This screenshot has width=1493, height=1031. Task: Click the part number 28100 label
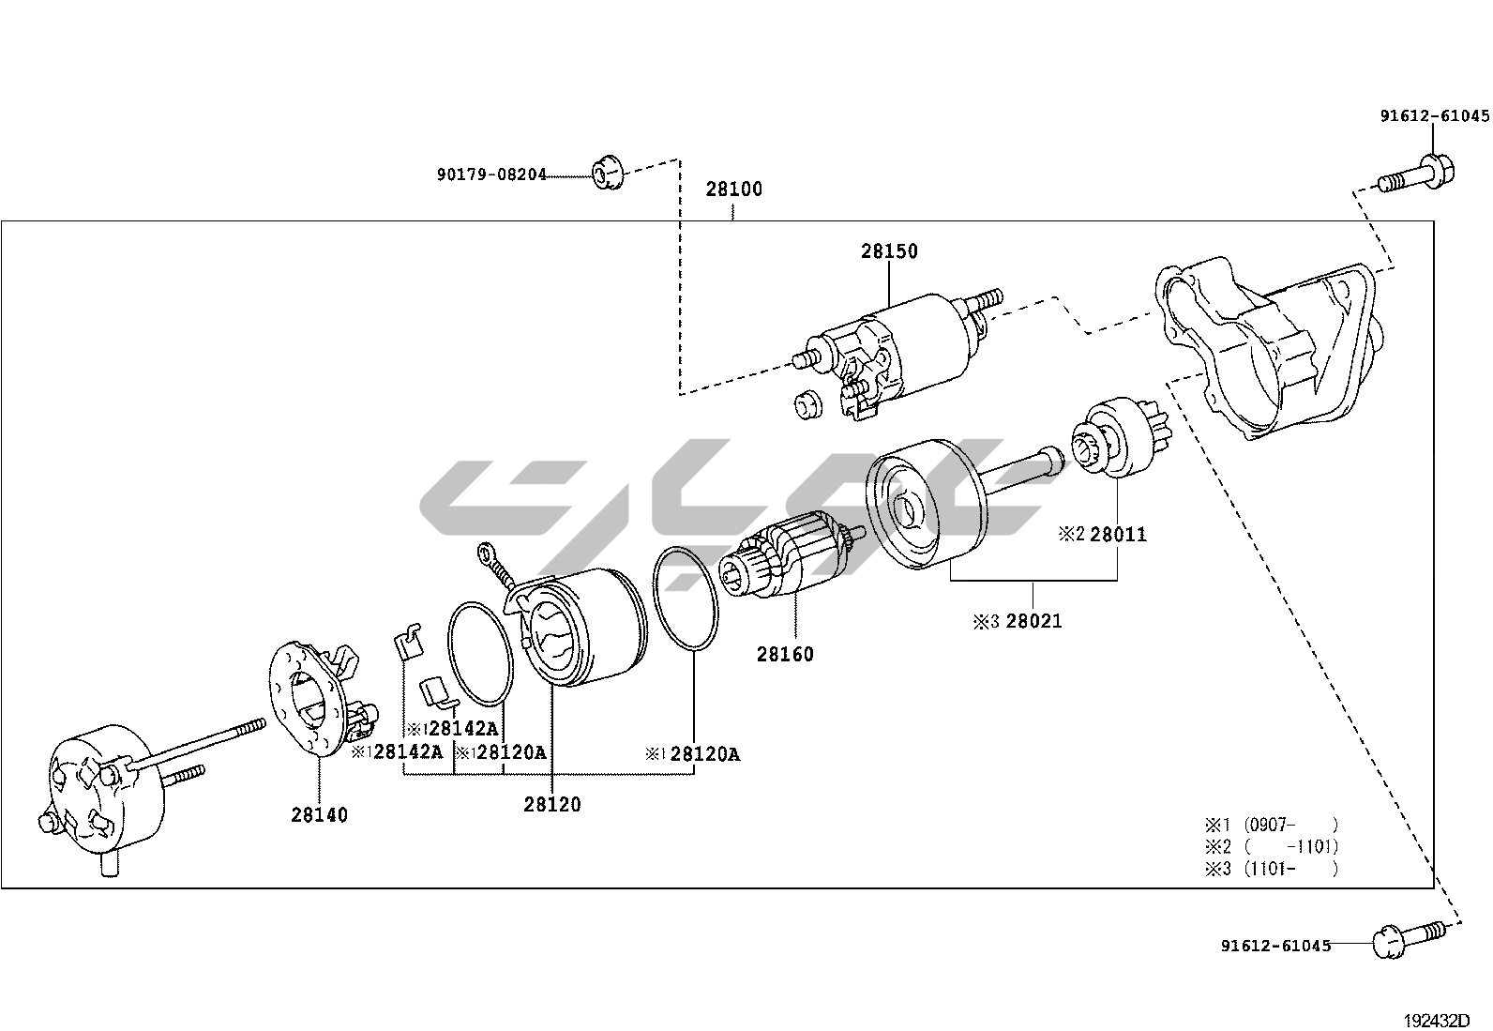pos(733,189)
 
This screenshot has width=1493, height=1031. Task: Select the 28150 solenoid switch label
pos(889,250)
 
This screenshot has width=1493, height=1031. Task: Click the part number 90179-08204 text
pos(490,174)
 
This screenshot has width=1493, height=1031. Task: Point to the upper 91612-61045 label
pos(1434,116)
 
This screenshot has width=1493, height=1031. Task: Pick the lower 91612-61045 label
pos(1275,946)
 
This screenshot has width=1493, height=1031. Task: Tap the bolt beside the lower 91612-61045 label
pos(1406,939)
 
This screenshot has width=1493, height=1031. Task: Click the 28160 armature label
pos(785,654)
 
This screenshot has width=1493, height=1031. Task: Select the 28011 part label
pos(1117,535)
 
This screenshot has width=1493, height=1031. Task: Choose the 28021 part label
pos(1033,620)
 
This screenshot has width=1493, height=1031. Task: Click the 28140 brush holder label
pos(319,814)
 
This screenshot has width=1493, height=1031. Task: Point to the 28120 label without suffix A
pos(551,804)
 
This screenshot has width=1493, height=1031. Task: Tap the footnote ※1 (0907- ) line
pos(1272,825)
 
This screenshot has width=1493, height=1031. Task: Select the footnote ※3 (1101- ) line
pos(1272,868)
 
